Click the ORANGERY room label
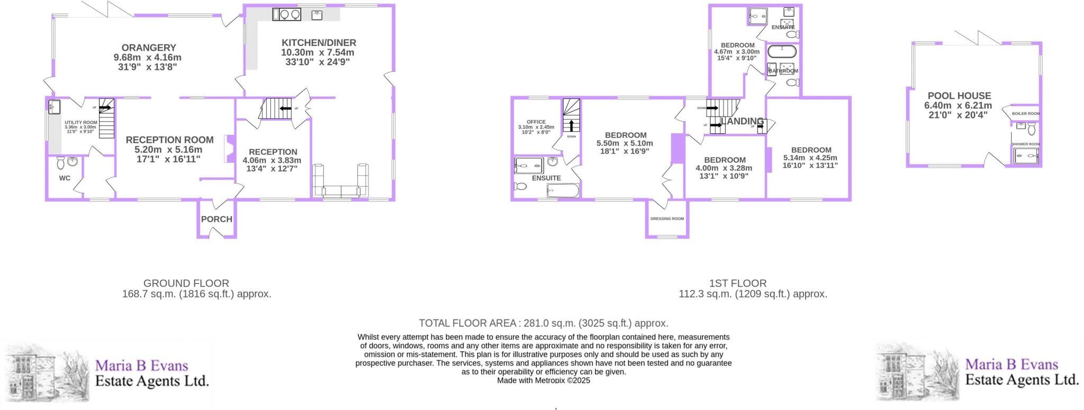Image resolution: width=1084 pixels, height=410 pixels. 148,48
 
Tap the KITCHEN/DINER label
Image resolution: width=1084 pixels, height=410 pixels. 319,43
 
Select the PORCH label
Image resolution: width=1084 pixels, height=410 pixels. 216,219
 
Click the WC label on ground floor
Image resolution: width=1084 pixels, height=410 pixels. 65,178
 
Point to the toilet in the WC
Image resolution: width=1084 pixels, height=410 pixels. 59,161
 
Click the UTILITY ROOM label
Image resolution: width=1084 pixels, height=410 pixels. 80,122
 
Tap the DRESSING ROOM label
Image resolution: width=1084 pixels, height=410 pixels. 667,218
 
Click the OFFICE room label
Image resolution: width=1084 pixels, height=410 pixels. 536,122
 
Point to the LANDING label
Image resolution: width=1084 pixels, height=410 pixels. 742,121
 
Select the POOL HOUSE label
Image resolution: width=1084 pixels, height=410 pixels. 959,96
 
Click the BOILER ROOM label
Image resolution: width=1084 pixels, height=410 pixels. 1025,114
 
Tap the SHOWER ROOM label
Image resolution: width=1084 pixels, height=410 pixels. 1026,144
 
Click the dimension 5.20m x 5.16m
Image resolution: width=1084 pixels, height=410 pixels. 169,150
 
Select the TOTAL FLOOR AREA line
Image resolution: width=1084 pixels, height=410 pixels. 543,323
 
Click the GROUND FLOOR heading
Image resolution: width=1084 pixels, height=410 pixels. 186,284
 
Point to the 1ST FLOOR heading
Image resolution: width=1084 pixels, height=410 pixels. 737,284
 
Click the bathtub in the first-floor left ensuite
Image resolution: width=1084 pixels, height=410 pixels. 563,190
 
